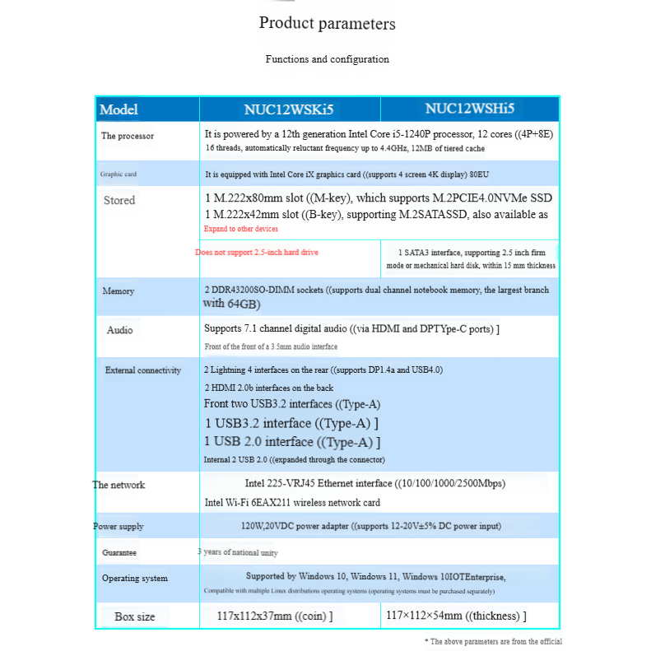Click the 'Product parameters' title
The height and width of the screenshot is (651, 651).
327,23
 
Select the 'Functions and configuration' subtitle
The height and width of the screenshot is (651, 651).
327,59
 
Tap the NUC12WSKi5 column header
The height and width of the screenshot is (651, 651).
289,109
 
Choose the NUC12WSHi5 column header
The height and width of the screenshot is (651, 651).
469,109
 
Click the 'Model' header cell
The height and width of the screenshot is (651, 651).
119,109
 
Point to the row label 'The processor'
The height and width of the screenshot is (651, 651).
128,136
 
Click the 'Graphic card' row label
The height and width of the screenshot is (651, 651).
119,174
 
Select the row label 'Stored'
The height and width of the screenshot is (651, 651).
119,200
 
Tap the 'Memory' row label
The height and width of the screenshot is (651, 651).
119,291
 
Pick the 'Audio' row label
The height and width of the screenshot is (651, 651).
119,330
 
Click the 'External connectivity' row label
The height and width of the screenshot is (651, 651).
143,370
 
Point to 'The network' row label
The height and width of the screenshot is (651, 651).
119,485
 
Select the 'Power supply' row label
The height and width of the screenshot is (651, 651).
119,526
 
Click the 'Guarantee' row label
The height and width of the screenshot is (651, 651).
119,552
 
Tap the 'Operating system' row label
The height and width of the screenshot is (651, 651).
135,578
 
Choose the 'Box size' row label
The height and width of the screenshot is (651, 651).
135,616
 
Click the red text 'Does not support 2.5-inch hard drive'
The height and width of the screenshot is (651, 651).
257,253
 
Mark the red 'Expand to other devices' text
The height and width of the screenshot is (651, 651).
241,229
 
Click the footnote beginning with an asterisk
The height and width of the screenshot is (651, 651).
493,641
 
